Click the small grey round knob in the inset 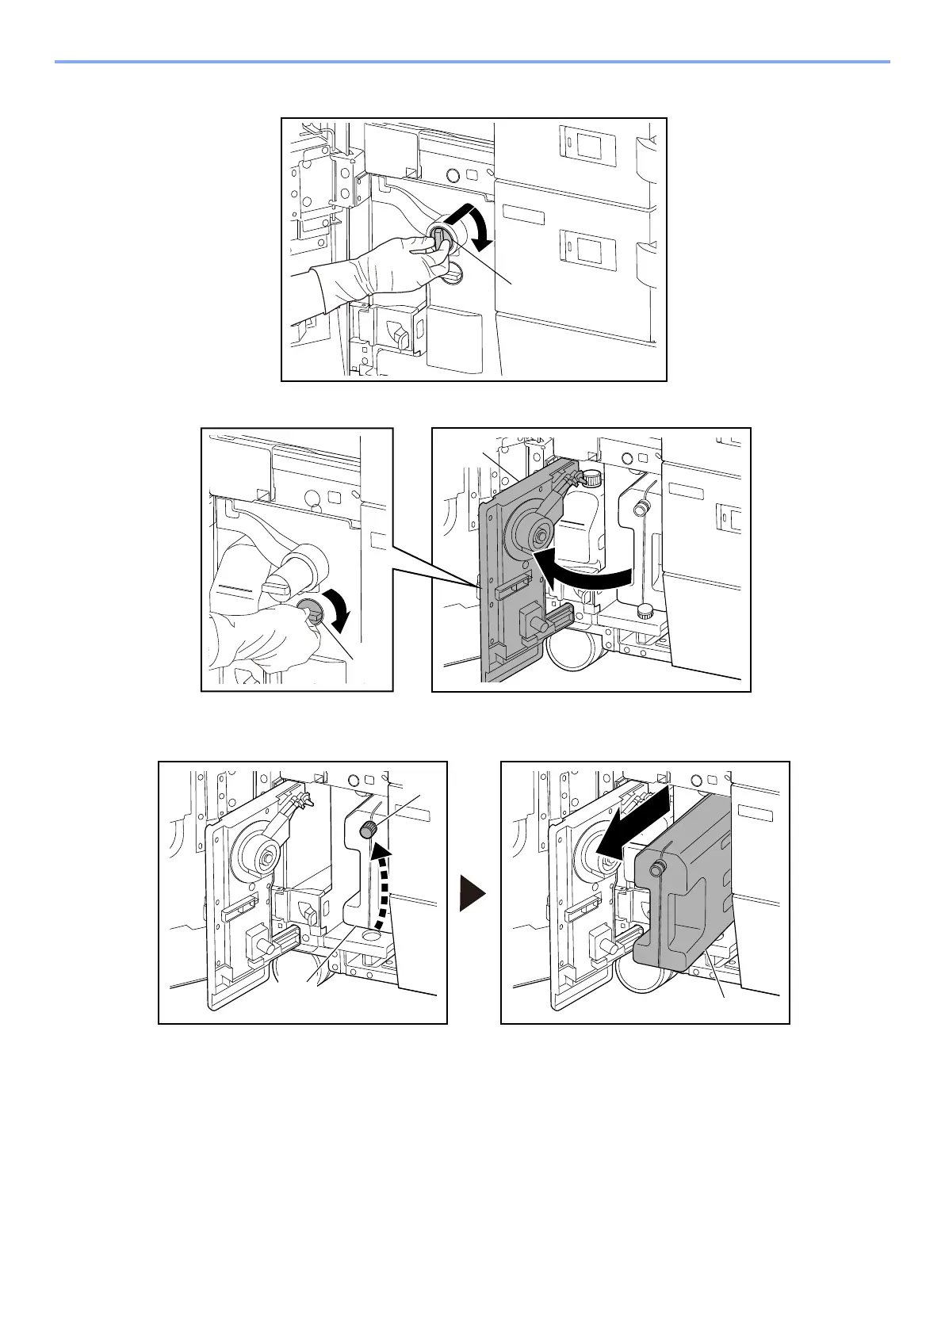309,612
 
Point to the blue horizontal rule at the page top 472,61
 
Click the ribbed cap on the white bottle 590,479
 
